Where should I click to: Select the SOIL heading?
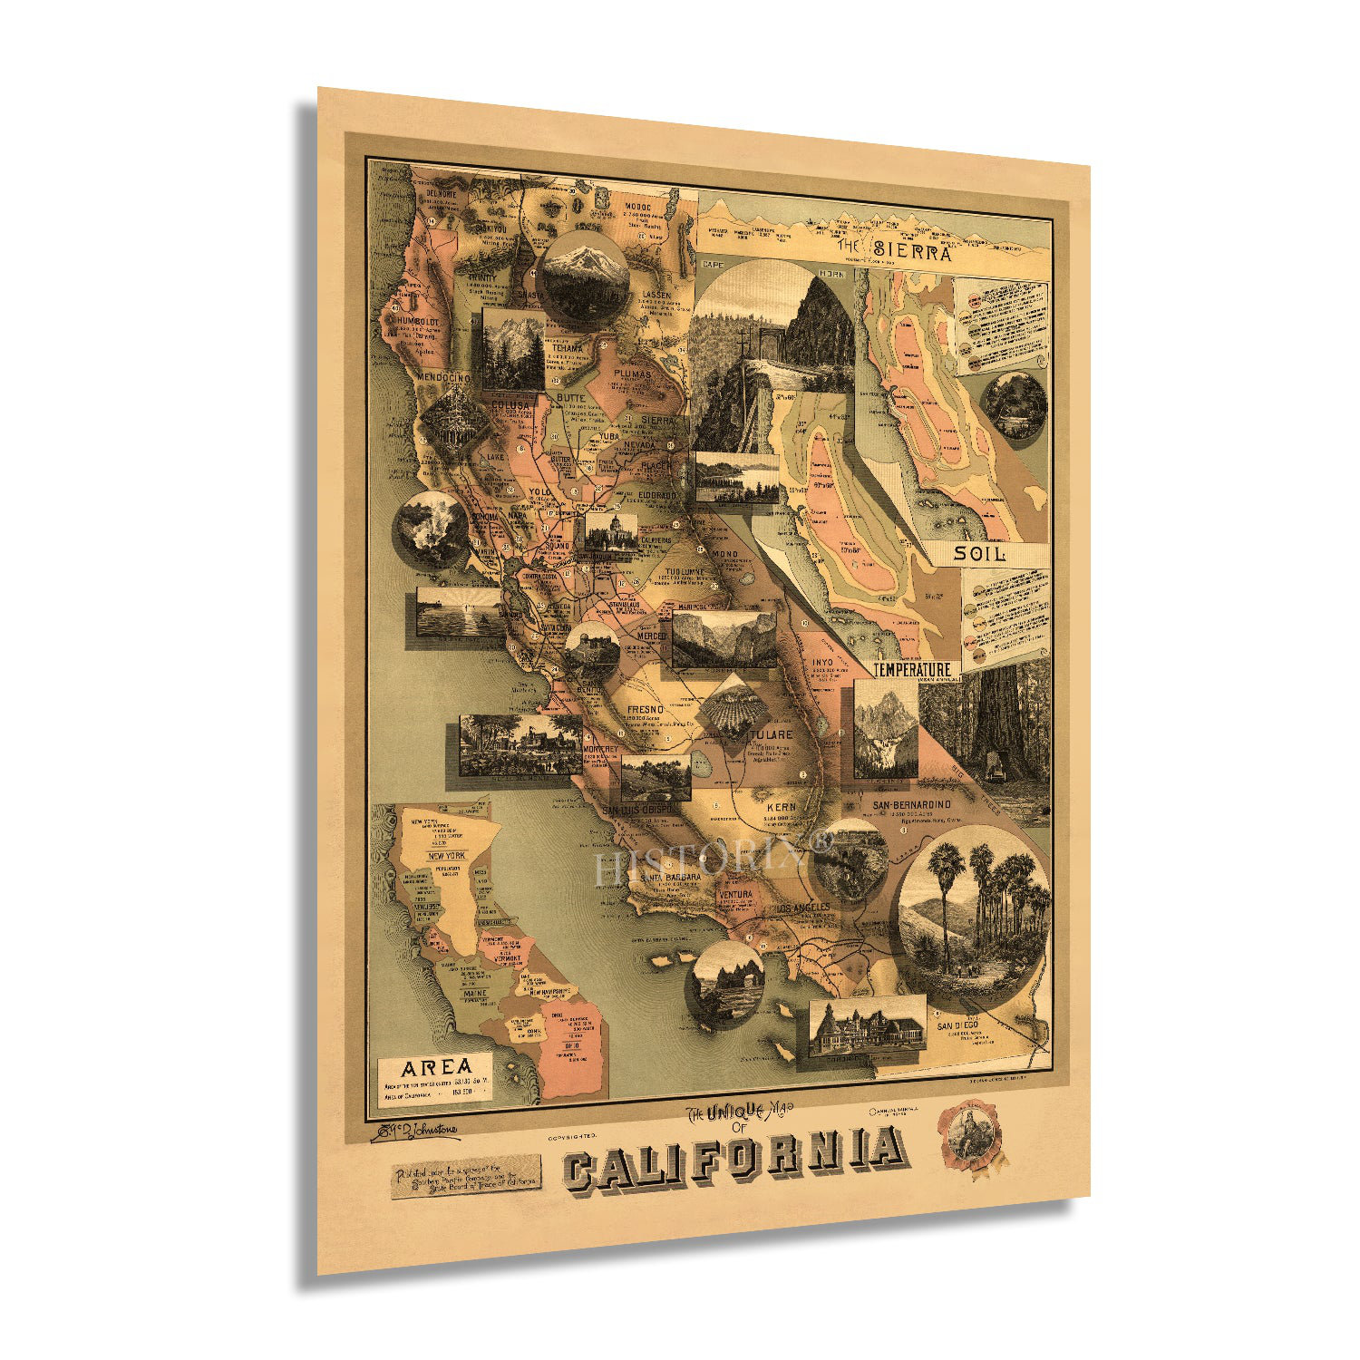(980, 553)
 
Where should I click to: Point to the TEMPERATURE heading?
(912, 669)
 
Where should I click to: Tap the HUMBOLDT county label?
(415, 322)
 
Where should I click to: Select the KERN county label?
(781, 805)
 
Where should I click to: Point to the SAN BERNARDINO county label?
(910, 804)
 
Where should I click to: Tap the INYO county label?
(822, 662)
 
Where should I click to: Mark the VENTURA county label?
(734, 895)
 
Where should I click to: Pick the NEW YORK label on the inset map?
(447, 855)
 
